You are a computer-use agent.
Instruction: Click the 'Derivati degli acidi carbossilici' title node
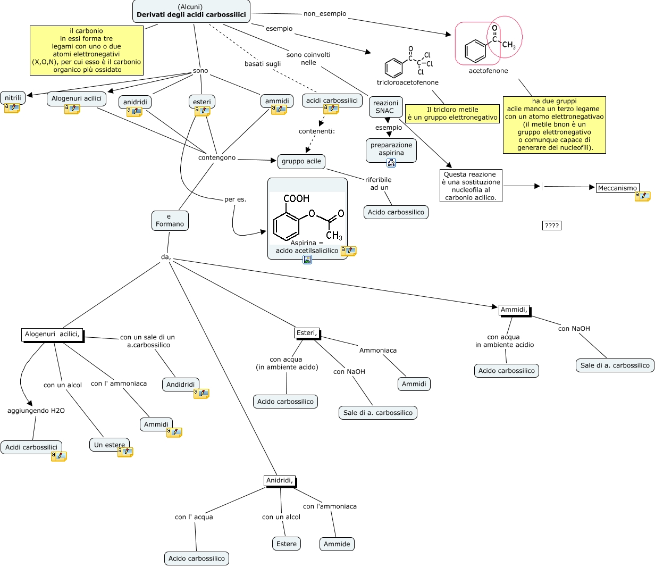click(x=191, y=11)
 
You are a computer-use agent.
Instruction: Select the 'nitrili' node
click(x=13, y=98)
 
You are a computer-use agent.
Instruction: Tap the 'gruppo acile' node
click(x=301, y=161)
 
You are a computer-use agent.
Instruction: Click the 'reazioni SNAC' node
click(x=385, y=107)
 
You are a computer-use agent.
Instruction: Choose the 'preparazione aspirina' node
click(x=391, y=149)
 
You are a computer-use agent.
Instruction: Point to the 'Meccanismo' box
click(x=617, y=188)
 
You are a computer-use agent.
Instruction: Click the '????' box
click(x=552, y=226)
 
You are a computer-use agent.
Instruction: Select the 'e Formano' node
click(x=170, y=220)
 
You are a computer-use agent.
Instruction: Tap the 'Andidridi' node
click(x=181, y=385)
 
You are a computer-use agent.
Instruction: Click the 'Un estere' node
click(x=110, y=445)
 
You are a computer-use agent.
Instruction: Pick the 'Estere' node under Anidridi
click(x=287, y=544)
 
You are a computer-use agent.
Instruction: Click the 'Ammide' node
click(x=337, y=544)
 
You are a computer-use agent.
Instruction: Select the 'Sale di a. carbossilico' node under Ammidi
click(x=615, y=365)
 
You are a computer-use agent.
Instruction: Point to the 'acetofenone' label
click(x=488, y=71)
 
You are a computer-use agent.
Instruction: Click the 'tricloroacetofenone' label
click(x=408, y=82)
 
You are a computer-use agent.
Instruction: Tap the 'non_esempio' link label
click(x=325, y=14)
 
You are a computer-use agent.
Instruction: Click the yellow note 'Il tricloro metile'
click(x=452, y=113)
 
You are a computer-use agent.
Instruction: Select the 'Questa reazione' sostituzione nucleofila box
click(x=471, y=186)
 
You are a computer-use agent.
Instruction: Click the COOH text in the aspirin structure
click(x=297, y=198)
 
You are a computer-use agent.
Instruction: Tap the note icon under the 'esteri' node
click(x=203, y=111)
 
